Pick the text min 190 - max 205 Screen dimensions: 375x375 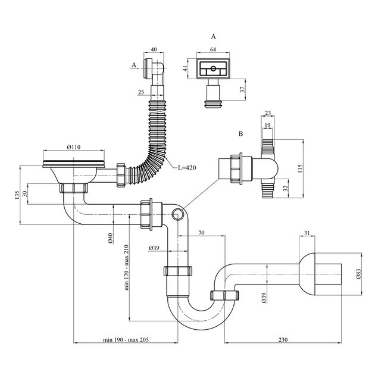coord(125,340)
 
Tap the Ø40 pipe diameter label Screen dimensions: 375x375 coord(111,239)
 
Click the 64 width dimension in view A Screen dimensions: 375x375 coord(213,51)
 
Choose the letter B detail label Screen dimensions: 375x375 coord(240,135)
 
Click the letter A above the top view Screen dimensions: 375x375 coord(213,36)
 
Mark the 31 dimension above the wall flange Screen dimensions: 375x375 coord(307,233)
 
